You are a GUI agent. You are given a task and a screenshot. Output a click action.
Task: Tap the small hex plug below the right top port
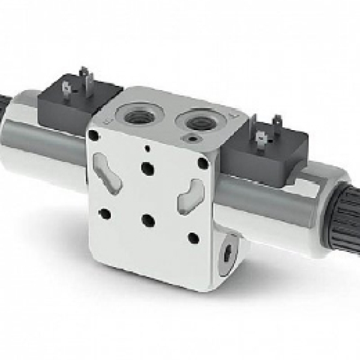coord(191,140)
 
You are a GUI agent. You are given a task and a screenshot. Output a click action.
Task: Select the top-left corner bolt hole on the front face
coord(94,135)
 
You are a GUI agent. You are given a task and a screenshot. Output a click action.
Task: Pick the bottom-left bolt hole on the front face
coord(104,213)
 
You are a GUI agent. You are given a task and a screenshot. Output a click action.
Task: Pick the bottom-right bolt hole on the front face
coord(193,238)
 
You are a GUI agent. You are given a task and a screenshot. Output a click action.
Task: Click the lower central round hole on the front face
coord(148,221)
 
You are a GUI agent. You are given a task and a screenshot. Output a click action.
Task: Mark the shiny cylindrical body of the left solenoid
coord(42,138)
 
